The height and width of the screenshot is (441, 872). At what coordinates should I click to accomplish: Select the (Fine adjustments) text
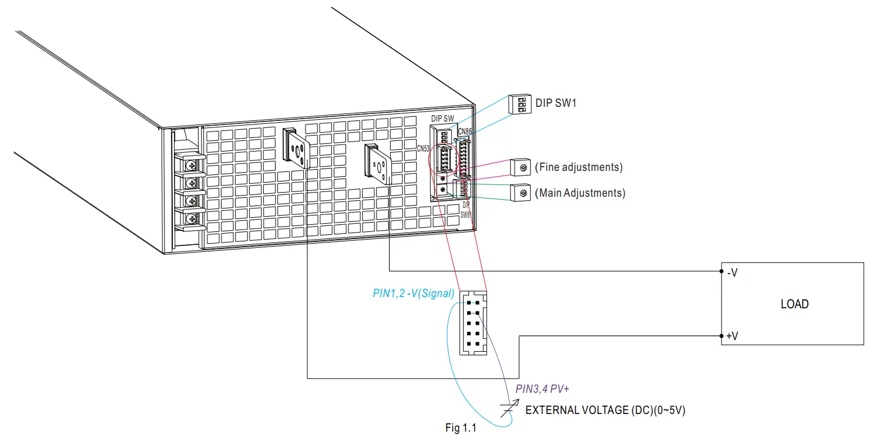[x=578, y=167]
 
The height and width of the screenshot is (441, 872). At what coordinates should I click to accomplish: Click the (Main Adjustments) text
[x=579, y=193]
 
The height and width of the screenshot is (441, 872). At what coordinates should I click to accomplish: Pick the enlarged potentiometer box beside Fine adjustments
[x=519, y=167]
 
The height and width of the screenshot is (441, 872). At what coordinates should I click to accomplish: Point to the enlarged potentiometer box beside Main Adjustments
[x=519, y=193]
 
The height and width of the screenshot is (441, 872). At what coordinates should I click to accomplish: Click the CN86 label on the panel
[x=464, y=131]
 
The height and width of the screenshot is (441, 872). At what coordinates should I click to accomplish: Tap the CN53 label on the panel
[x=424, y=149]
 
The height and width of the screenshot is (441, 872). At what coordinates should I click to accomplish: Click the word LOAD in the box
[x=794, y=304]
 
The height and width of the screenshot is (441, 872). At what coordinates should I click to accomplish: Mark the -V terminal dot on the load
[x=722, y=272]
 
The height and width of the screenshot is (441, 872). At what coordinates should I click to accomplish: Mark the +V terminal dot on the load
[x=722, y=336]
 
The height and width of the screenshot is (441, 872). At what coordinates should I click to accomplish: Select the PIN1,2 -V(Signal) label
[x=414, y=293]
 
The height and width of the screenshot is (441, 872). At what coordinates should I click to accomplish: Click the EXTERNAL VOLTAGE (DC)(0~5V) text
[x=605, y=410]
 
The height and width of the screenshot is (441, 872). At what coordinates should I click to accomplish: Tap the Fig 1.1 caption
[x=461, y=428]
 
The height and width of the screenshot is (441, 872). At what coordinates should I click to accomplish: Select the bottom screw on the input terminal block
[x=191, y=219]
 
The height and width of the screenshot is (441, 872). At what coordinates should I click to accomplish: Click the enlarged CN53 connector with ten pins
[x=473, y=322]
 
